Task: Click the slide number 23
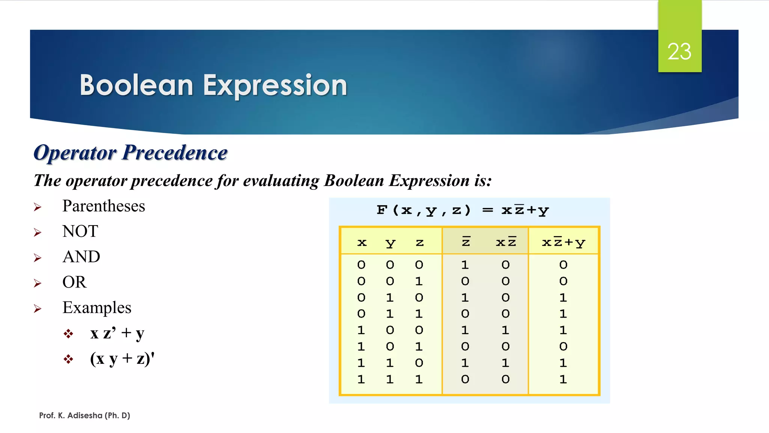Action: click(x=679, y=51)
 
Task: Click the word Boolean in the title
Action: click(x=136, y=85)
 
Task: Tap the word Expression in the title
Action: click(x=275, y=85)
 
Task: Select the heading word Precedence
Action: click(x=175, y=153)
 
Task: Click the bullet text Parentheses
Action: click(x=104, y=206)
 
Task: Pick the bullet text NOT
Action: click(x=80, y=231)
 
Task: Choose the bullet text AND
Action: click(x=81, y=257)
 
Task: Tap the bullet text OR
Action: click(x=74, y=282)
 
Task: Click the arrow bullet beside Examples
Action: click(x=38, y=309)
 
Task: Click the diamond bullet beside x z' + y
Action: click(x=68, y=334)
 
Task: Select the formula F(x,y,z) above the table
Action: click(x=423, y=210)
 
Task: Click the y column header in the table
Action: click(x=390, y=243)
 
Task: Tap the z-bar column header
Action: click(x=466, y=242)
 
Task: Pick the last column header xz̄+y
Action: click(x=563, y=242)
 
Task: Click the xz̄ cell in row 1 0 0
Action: click(x=505, y=330)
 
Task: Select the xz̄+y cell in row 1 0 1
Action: click(x=563, y=346)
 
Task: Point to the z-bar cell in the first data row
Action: click(x=465, y=265)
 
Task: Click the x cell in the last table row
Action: click(x=361, y=379)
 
